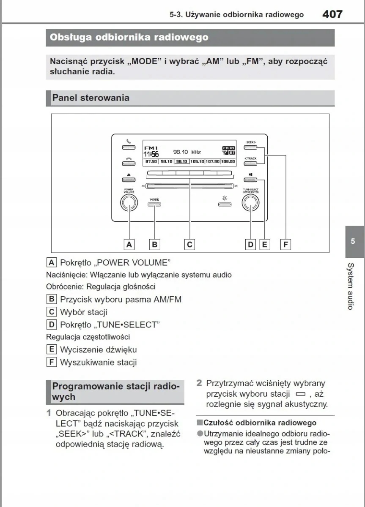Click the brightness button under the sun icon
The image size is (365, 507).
224,205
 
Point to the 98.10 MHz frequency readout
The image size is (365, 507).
187,152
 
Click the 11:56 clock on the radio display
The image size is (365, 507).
151,154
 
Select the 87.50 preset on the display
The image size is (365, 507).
151,161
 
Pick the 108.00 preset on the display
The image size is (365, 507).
228,161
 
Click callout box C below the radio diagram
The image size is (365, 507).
190,244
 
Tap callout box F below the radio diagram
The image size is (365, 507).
286,244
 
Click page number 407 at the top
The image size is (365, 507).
332,14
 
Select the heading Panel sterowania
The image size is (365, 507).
91,98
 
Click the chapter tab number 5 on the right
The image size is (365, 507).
353,241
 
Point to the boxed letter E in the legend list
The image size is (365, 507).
52,349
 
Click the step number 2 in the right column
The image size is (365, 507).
199,383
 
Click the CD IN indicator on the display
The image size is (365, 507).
228,148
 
